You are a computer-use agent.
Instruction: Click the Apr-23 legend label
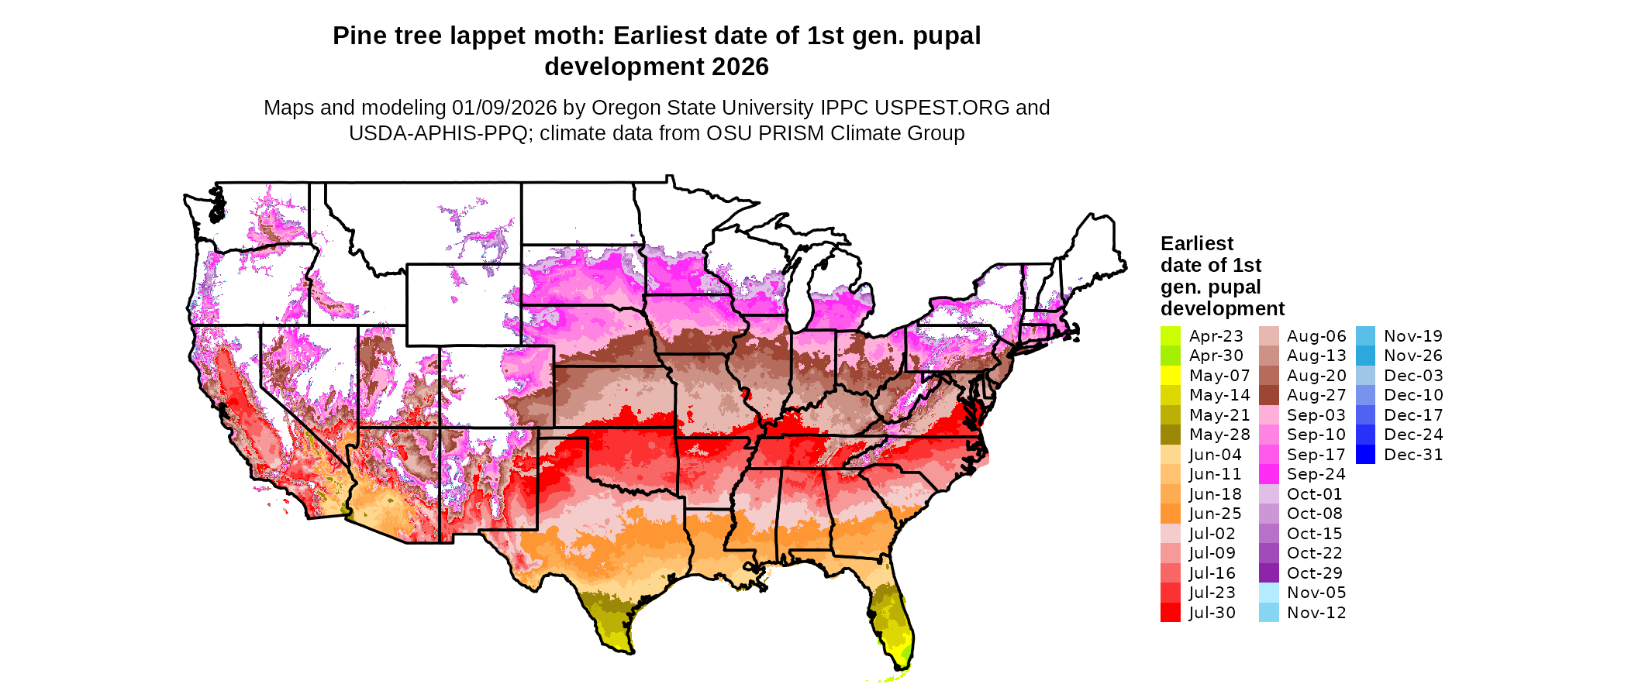pos(1216,336)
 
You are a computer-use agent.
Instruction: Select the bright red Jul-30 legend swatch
pos(1171,613)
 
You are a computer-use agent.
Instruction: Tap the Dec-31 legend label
pos(1413,455)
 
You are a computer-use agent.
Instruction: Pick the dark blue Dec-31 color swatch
pos(1366,455)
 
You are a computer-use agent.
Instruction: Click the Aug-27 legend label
pos(1316,395)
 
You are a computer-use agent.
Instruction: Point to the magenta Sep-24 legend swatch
pos(1269,474)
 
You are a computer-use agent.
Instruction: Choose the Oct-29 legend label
pos(1315,573)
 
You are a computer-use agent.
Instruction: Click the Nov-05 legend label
pos(1316,593)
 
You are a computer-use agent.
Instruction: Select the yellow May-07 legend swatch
pos(1171,376)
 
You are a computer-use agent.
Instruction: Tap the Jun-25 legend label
pos(1216,514)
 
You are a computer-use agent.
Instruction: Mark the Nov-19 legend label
pos(1413,336)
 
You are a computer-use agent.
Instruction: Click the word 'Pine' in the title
pos(358,36)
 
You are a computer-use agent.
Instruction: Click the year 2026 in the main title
pos(740,67)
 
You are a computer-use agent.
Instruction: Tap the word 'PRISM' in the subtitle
pos(792,133)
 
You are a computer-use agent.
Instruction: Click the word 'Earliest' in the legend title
pos(1197,244)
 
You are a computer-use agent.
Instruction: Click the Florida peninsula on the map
pos(893,620)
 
